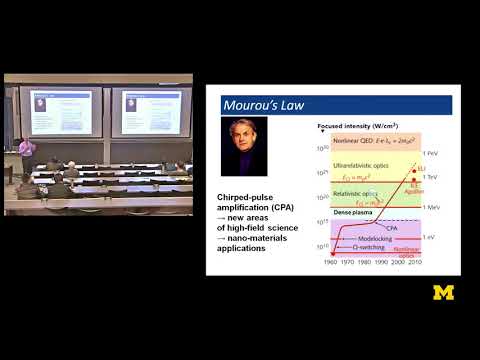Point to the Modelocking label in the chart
(369, 240)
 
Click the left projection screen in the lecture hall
(52, 109)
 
